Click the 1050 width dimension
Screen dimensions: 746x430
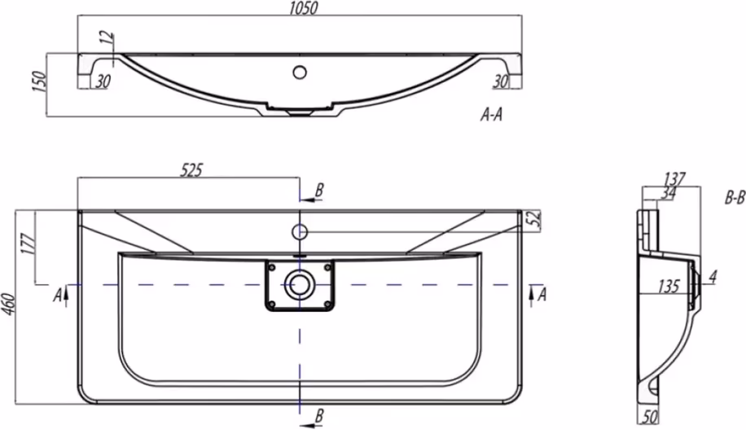coord(303,8)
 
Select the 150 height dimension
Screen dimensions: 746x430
coord(40,81)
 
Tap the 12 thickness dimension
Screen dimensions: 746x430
coord(108,37)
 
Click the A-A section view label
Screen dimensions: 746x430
coord(491,114)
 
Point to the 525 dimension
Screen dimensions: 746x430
coord(191,170)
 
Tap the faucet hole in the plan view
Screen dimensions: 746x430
coord(299,231)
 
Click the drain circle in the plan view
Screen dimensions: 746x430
coord(299,285)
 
